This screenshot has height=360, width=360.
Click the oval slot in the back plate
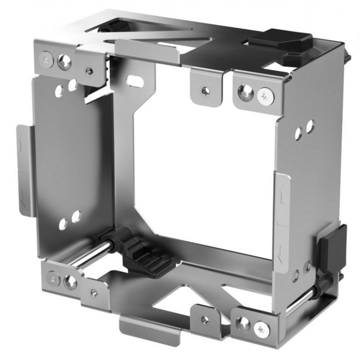pyautogui.click(x=134, y=81)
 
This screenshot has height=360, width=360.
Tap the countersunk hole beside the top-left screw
pyautogui.click(x=64, y=62)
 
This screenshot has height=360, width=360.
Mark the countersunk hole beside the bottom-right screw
pyautogui.click(x=243, y=323)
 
